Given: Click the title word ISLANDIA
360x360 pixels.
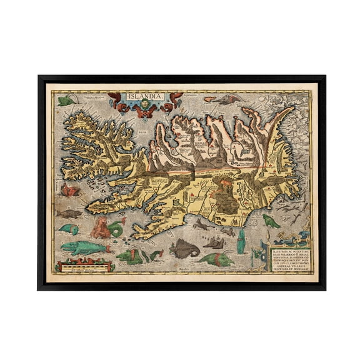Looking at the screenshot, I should click(146, 97).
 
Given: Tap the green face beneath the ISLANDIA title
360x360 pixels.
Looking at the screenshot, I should click(146, 106).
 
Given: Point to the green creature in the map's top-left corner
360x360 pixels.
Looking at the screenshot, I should click(64, 100).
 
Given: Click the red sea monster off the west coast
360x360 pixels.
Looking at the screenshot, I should click(70, 189).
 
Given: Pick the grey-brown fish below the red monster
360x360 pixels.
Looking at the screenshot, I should click(71, 214).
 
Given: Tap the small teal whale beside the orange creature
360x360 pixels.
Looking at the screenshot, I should click(70, 229).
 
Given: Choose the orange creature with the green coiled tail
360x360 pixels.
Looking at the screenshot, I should click(104, 228).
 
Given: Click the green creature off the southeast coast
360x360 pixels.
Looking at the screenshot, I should click(270, 221).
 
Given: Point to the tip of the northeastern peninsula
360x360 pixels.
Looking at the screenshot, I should click(291, 110).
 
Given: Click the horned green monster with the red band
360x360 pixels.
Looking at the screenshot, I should click(217, 258).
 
